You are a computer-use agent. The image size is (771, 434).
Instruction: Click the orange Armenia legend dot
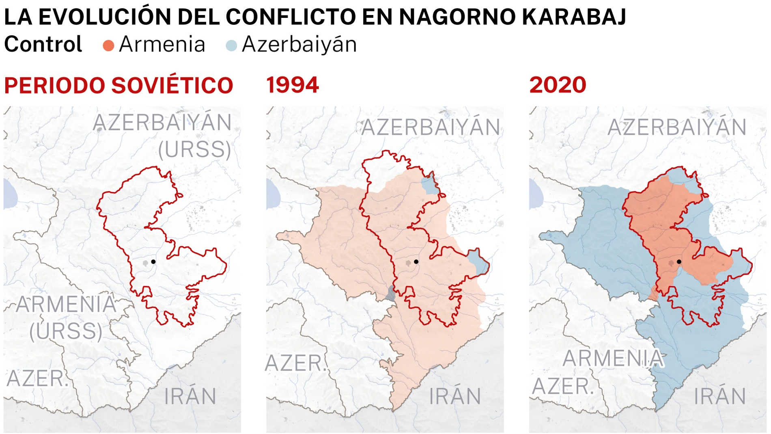pyautogui.click(x=108, y=45)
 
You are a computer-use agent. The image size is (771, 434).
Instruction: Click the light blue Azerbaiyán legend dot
pyautogui.click(x=231, y=45)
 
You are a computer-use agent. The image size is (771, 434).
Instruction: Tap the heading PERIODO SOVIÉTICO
pyautogui.click(x=118, y=86)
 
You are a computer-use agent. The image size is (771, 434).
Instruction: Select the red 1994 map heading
pyautogui.click(x=293, y=86)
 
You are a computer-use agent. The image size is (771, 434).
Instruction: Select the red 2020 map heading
pyautogui.click(x=558, y=86)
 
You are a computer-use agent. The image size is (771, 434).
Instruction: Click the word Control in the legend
pyautogui.click(x=43, y=44)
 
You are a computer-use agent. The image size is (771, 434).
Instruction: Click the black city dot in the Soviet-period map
pyautogui.click(x=153, y=261)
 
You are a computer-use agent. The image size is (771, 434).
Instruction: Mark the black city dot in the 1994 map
pyautogui.click(x=416, y=261)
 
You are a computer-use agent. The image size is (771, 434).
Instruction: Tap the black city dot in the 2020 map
pyautogui.click(x=679, y=261)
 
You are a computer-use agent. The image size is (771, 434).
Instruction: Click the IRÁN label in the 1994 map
pyautogui.click(x=455, y=396)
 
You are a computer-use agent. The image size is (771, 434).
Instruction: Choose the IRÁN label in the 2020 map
pyautogui.click(x=720, y=396)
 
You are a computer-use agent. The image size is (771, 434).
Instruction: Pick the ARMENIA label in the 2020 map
pyautogui.click(x=613, y=358)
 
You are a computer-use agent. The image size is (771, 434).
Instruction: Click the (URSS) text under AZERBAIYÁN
pyautogui.click(x=195, y=149)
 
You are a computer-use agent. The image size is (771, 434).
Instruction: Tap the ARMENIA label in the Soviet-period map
pyautogui.click(x=66, y=304)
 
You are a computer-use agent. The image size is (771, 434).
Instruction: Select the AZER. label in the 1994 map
pyautogui.click(x=295, y=363)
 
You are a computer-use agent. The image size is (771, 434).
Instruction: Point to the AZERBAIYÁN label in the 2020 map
pyautogui.click(x=677, y=127)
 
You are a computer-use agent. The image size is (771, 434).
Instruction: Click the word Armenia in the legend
pyautogui.click(x=162, y=44)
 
